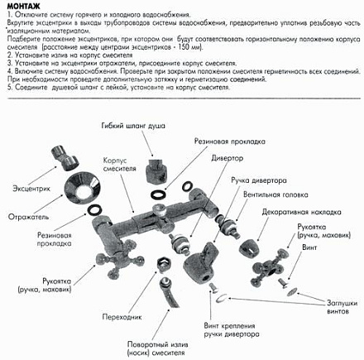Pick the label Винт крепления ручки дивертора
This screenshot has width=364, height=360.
[x=246, y=328]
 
